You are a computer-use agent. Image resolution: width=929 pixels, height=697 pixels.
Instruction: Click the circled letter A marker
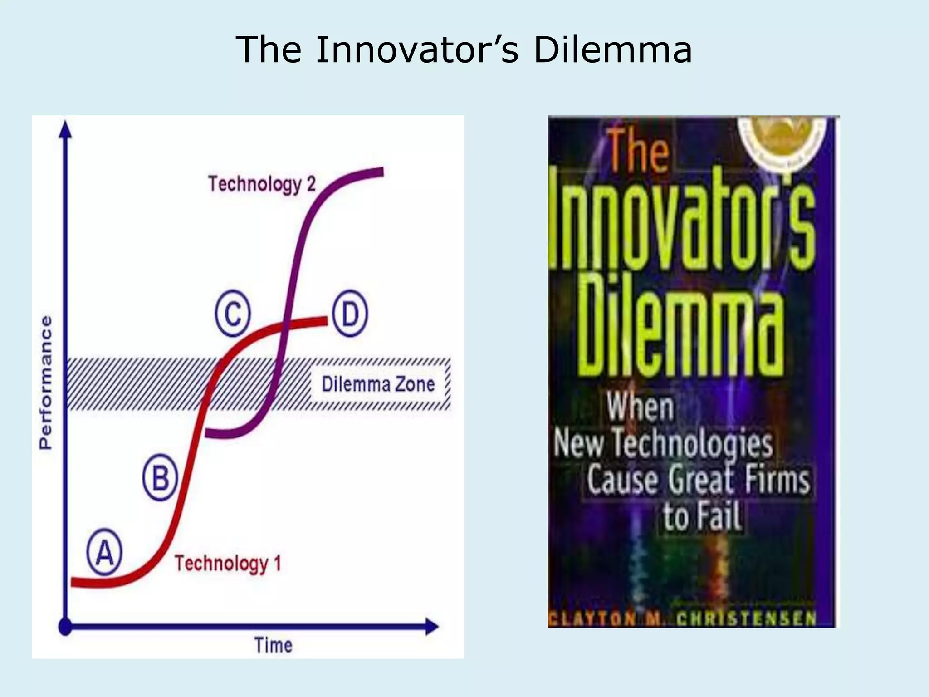(104, 552)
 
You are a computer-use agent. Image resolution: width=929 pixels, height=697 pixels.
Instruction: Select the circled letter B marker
(160, 477)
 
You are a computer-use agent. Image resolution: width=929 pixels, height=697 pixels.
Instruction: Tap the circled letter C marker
(233, 313)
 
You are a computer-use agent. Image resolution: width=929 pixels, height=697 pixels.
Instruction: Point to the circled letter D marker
(350, 313)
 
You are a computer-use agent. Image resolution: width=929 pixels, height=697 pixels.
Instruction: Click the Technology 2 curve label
(262, 184)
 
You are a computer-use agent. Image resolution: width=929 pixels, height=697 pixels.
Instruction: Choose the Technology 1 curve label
(228, 563)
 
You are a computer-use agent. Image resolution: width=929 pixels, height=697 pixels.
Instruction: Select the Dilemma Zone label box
(378, 384)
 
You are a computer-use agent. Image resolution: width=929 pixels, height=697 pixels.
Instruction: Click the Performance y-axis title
(45, 383)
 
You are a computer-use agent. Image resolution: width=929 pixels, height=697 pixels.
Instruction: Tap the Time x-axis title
(273, 645)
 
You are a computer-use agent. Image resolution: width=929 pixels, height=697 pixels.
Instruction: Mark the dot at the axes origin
(66, 627)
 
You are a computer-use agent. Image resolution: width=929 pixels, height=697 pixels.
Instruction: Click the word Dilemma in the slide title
(612, 49)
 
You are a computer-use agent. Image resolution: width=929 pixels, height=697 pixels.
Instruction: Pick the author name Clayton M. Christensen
(683, 618)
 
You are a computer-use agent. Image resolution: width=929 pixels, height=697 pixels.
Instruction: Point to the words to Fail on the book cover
(702, 516)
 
